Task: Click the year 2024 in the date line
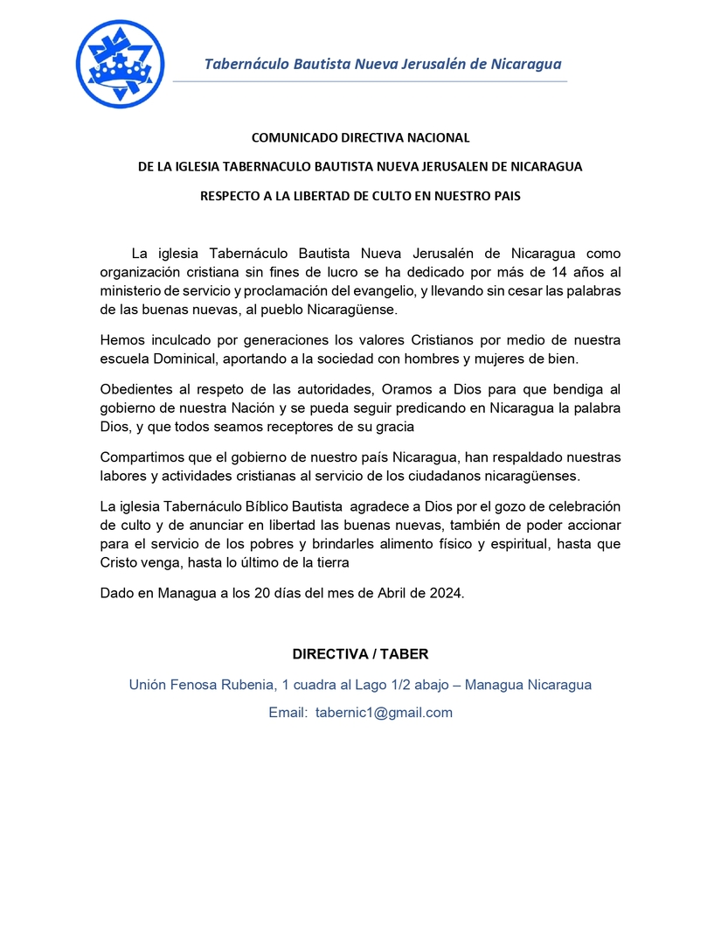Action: (446, 593)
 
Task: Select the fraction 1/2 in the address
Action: (404, 685)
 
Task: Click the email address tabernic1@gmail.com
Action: (384, 713)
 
